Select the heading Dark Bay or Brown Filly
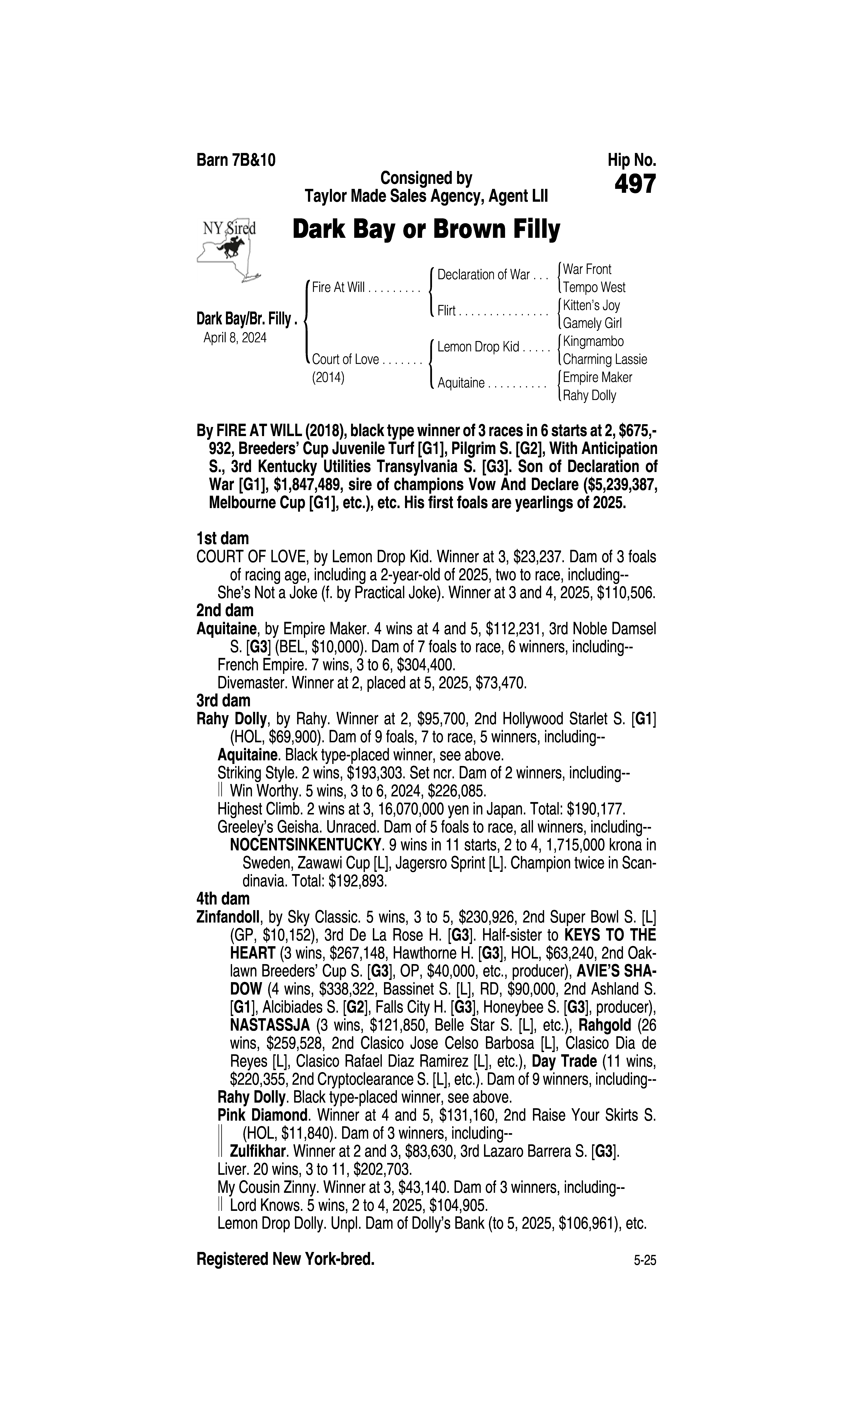(x=426, y=230)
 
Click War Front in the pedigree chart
(x=587, y=269)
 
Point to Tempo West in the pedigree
(x=594, y=288)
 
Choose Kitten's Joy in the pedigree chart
(x=591, y=305)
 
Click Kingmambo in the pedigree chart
(x=593, y=341)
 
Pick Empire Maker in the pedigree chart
(x=597, y=378)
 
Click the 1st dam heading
(x=223, y=539)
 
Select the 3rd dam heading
(x=224, y=701)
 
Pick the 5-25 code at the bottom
(x=644, y=1261)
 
